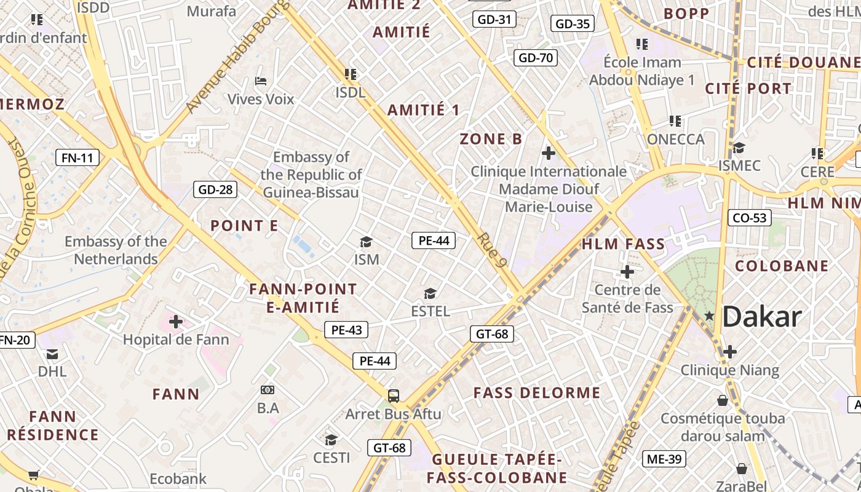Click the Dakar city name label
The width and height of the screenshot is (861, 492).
point(762,317)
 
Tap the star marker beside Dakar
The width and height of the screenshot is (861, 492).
point(709,315)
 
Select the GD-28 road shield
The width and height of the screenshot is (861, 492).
point(215,189)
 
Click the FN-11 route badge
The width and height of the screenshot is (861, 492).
point(77,157)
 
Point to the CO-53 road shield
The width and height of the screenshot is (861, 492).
point(750,218)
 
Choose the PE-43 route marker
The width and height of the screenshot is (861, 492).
point(346,330)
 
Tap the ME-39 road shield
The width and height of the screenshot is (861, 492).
point(664,458)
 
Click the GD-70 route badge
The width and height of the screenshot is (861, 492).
point(536,58)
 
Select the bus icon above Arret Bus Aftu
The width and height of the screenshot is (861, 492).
point(394,395)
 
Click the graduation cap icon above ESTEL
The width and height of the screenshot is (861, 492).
point(430,293)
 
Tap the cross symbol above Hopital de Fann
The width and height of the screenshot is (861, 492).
point(176,321)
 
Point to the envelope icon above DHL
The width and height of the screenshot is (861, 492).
point(52,354)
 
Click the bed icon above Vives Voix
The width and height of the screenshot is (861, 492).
point(261,81)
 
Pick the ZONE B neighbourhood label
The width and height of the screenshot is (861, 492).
point(491,139)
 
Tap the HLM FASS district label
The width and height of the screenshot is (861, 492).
point(624,244)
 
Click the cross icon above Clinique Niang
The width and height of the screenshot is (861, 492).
point(730,352)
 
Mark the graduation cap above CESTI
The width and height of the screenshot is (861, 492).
point(331,439)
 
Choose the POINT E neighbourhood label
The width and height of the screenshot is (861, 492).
point(244,226)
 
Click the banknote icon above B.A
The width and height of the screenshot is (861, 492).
point(268,389)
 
